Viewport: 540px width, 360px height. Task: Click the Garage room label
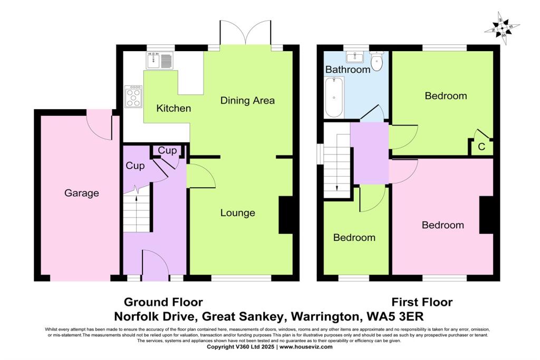click(x=82, y=193)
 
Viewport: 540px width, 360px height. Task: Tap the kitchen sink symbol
click(x=160, y=61)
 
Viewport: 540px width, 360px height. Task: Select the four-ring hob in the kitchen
click(x=133, y=98)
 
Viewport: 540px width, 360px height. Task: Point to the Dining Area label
click(x=247, y=100)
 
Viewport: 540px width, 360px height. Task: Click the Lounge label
click(x=237, y=213)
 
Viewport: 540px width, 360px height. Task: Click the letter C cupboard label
click(x=481, y=147)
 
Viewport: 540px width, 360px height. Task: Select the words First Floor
click(x=422, y=302)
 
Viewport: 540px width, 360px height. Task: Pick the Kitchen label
click(x=173, y=109)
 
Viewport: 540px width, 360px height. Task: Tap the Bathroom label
click(x=348, y=70)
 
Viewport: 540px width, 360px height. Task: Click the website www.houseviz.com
click(x=306, y=347)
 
